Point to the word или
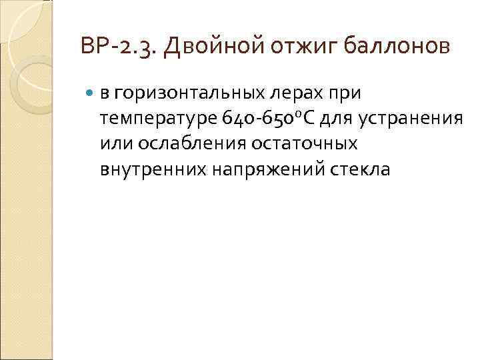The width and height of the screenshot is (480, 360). (115, 144)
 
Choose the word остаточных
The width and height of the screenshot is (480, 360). (303, 144)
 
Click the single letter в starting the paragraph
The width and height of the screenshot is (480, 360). (105, 93)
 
